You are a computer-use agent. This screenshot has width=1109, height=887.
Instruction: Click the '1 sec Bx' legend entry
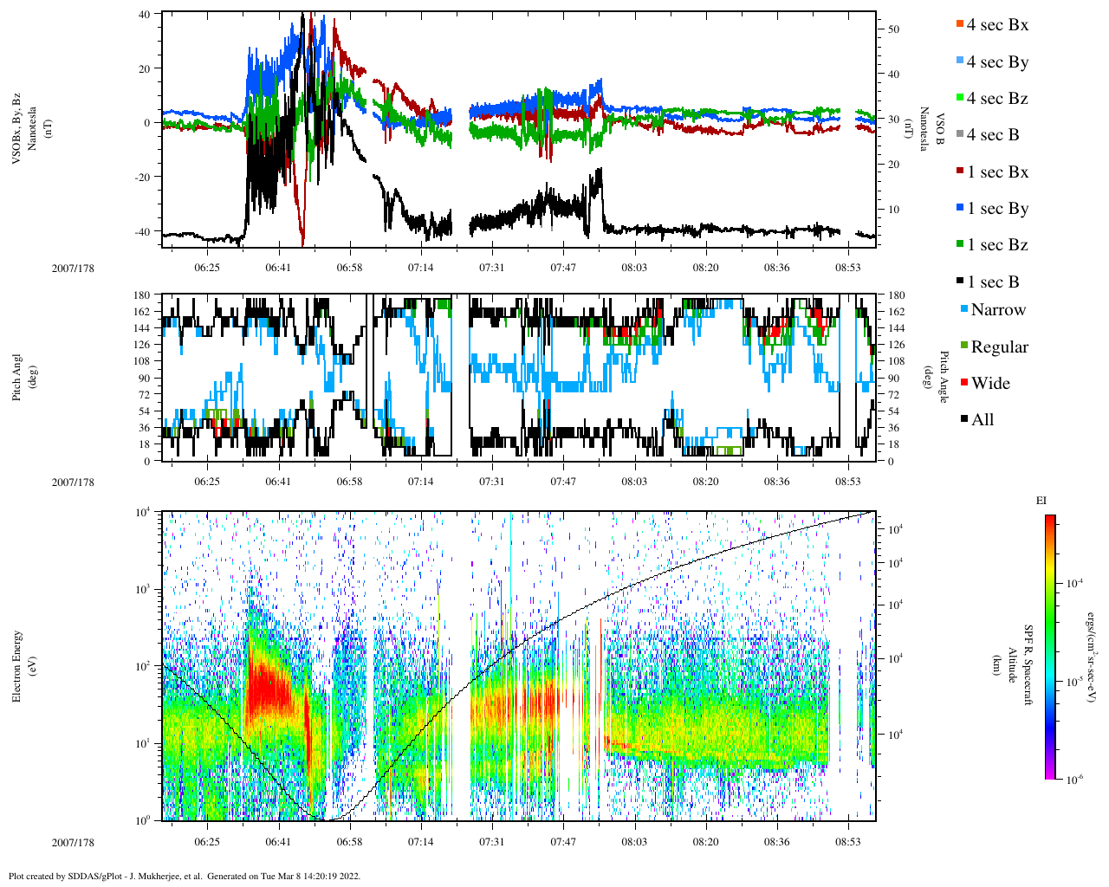point(996,172)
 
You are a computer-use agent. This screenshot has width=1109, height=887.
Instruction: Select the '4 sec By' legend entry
point(996,62)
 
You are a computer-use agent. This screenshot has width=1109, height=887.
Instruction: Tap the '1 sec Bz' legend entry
point(996,245)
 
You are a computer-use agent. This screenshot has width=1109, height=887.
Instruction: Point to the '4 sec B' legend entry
point(992,135)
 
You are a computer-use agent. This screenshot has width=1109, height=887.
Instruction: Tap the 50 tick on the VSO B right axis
point(893,29)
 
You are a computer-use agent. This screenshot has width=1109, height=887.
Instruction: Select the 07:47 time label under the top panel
point(563,268)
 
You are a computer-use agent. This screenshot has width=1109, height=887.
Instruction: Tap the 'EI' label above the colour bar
point(1041,501)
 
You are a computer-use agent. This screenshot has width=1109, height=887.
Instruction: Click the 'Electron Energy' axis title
point(17,665)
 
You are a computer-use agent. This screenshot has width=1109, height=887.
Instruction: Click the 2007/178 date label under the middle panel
point(73,482)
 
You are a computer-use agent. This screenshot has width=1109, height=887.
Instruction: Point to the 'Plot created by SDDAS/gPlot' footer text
point(184,876)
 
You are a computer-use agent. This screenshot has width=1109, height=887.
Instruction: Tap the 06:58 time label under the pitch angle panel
point(349,482)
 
